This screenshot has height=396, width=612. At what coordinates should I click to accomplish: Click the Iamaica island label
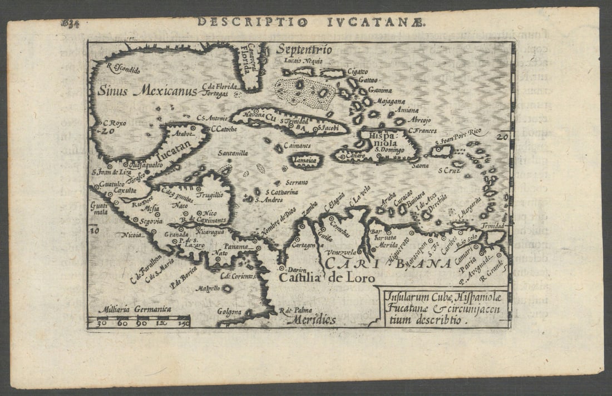[x=305, y=160]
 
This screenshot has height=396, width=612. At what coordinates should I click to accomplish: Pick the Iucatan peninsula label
[x=172, y=149]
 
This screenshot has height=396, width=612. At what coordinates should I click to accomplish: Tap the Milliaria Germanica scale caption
[x=134, y=309]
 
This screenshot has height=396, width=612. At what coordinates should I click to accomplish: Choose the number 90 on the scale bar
[x=142, y=323]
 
